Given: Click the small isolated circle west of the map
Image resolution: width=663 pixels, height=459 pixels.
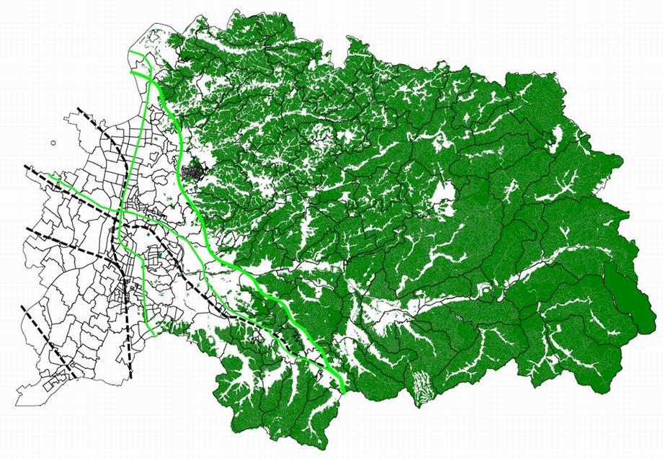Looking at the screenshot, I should click(53, 143).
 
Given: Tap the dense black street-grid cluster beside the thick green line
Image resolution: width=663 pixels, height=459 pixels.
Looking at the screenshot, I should click(193, 174).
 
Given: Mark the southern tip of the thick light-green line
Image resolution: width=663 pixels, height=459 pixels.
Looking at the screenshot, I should click(344, 393).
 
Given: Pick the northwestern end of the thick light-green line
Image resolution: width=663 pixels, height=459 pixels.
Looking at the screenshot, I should click(131, 73).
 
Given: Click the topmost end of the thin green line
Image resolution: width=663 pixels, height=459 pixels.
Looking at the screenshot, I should click(130, 52).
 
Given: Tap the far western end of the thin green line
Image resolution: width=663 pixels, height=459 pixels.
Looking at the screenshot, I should click(49, 175).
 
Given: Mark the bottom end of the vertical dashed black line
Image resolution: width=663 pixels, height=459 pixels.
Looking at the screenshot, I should click(131, 378).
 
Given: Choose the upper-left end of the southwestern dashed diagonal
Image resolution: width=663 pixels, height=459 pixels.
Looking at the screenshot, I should click(22, 306).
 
